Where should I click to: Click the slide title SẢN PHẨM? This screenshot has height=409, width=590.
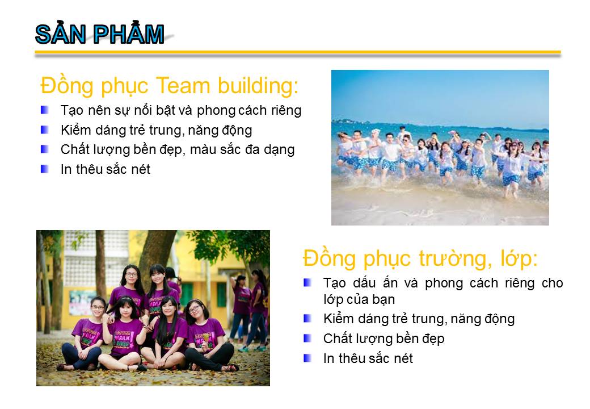(x=100, y=34)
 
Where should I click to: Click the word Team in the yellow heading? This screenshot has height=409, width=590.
(x=183, y=85)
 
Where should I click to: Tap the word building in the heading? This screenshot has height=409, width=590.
(x=258, y=86)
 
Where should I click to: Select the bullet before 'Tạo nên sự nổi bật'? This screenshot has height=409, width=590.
(x=45, y=110)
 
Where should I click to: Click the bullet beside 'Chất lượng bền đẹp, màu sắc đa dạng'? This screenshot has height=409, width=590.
(x=45, y=149)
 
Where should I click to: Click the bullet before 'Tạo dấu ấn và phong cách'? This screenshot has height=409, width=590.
(x=307, y=282)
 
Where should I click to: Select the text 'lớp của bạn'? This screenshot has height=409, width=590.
(x=359, y=300)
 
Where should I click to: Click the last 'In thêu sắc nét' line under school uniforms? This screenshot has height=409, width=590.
(x=368, y=358)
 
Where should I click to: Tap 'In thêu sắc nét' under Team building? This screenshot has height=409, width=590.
(x=106, y=169)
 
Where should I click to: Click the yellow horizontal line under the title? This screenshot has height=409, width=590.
(x=298, y=52)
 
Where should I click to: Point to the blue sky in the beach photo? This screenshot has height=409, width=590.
(x=440, y=94)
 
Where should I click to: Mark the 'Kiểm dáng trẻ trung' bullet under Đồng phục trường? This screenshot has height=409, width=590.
(x=307, y=319)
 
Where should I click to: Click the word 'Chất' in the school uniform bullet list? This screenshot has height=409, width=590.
(x=336, y=339)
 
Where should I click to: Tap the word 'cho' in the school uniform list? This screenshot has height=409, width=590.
(x=553, y=283)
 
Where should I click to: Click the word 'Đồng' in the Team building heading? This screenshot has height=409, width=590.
(x=66, y=86)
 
